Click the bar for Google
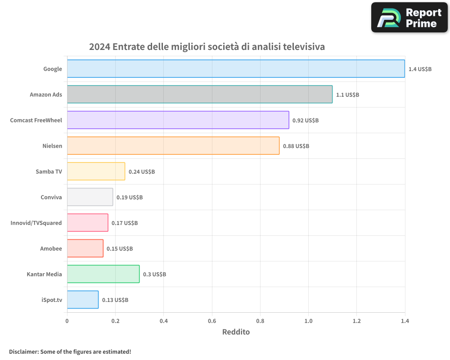[x=236, y=69]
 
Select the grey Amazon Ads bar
[x=200, y=94]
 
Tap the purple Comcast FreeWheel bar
[x=178, y=120]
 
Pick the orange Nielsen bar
[x=173, y=146]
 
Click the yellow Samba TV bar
[x=96, y=171]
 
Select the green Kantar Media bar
[x=103, y=274]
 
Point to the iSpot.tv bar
[x=83, y=300]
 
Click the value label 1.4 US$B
[x=420, y=69]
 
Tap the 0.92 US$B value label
[x=306, y=121]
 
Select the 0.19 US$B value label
[x=130, y=198]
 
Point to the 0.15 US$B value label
[x=120, y=249]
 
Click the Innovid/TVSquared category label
[x=36, y=223]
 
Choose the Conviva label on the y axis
[x=51, y=198]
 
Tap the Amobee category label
[x=51, y=249]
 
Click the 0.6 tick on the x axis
[x=212, y=321]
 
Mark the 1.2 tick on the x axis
[x=356, y=321]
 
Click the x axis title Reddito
[x=236, y=332]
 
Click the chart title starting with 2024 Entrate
[x=207, y=47]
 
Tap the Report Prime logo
[x=409, y=18]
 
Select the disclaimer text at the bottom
[x=70, y=351]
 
